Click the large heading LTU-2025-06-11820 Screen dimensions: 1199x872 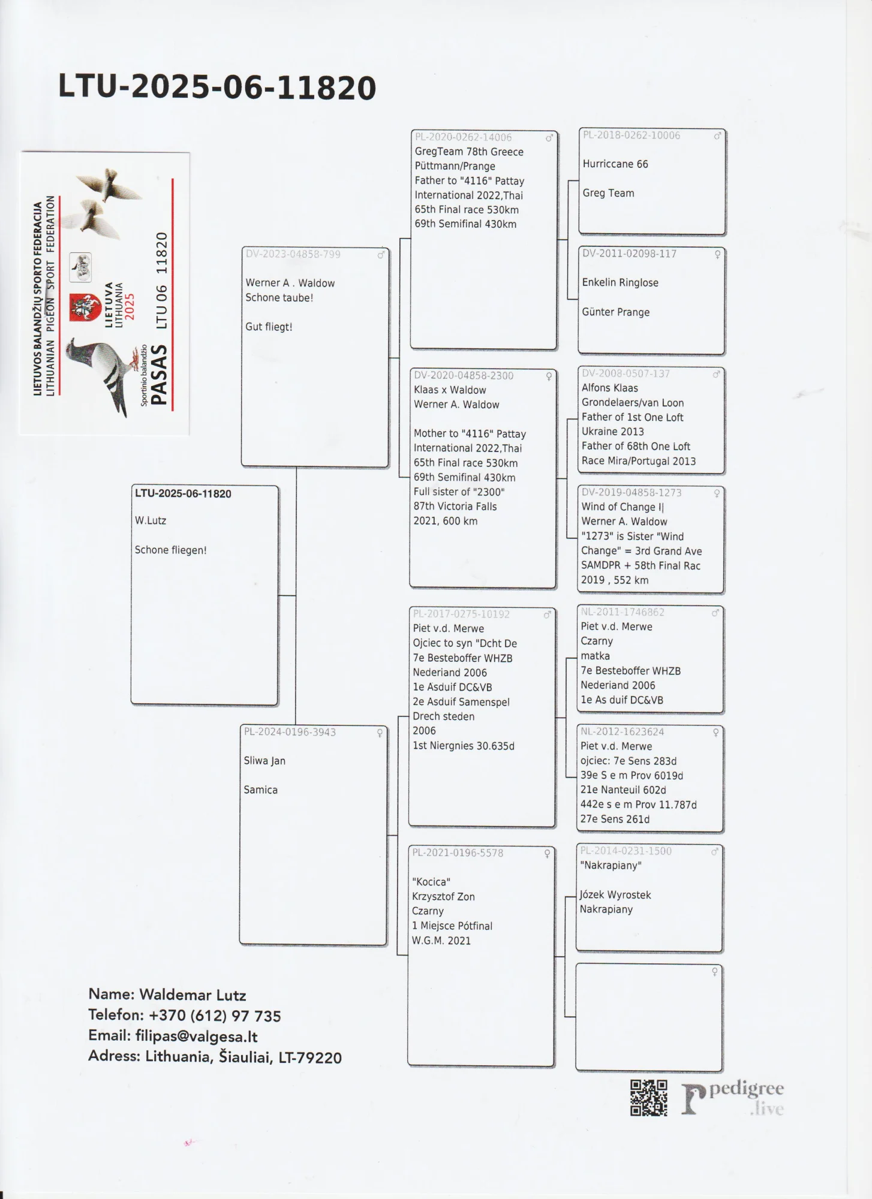pos(217,88)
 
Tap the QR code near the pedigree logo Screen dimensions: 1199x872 pos(648,1098)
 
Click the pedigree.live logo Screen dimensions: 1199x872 pos(733,1098)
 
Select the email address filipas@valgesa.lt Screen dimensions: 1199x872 pos(196,1036)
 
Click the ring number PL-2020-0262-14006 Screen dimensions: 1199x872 pos(463,137)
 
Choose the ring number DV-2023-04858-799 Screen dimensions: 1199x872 pos(293,254)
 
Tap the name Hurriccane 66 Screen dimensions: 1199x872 pos(615,164)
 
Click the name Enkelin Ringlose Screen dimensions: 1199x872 pos(620,283)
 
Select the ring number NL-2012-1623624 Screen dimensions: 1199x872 pos(622,731)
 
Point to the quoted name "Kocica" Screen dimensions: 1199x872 pos(431,882)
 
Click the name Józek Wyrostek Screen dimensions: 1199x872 pos(615,894)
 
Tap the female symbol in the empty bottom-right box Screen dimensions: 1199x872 pos(714,972)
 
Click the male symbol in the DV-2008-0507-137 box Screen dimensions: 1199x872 pos(715,374)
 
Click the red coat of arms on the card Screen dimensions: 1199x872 pos(85,307)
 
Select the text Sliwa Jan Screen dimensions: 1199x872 pos(264,761)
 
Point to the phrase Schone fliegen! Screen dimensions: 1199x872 pos(170,550)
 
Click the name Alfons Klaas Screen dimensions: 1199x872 pos(609,388)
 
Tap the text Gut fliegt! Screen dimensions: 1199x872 pos(269,327)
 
